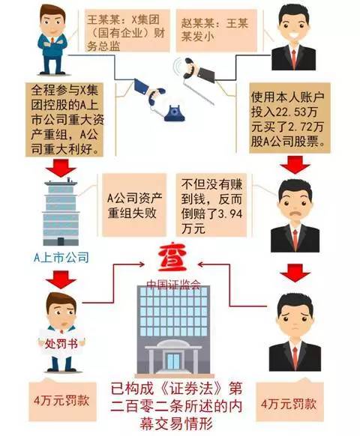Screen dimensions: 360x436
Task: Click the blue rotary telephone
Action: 174,113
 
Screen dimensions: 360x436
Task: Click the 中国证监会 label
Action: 174,284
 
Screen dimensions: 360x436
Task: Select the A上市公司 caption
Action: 61,258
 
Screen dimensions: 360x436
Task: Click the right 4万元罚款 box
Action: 289,402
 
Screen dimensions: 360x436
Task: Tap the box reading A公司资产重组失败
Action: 134,205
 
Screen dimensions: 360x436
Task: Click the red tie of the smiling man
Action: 294,59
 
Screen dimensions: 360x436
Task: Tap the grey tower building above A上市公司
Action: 61,212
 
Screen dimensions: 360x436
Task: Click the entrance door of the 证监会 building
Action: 173,360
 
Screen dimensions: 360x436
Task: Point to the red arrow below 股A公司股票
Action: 295,165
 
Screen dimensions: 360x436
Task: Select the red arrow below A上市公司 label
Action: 61,279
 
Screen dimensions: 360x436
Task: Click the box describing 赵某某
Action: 217,31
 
